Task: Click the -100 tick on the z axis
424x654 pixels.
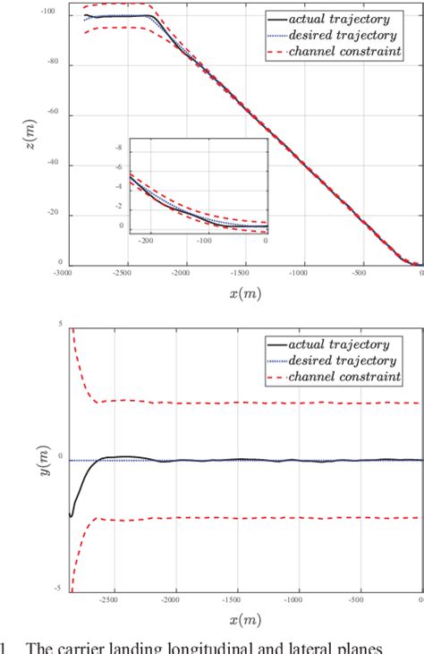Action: [x=48, y=12]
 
